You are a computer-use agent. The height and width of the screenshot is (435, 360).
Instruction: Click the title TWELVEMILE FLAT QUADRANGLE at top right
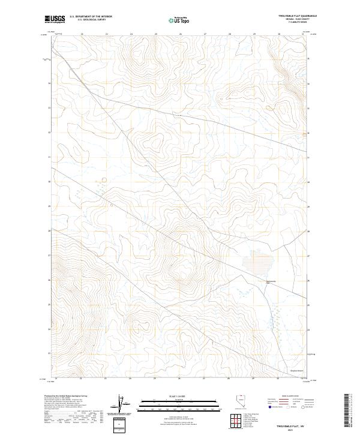[x=298, y=16]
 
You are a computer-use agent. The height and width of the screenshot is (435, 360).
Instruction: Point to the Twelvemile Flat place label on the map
[x=269, y=283]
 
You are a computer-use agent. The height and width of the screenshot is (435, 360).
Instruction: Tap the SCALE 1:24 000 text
[x=179, y=396]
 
